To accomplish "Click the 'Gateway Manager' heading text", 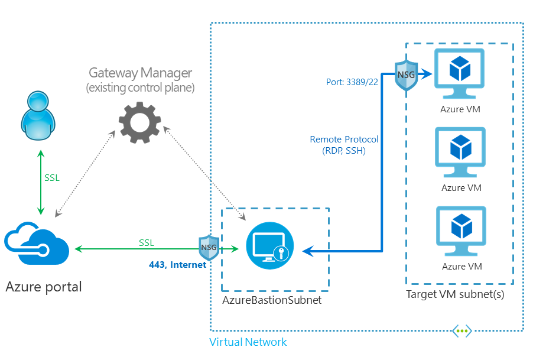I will (140, 73).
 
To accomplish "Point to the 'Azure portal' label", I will (44, 287).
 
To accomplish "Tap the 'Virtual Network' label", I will (248, 342).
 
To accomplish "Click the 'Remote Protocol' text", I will (344, 140).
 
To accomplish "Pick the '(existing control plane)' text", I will (140, 88).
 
